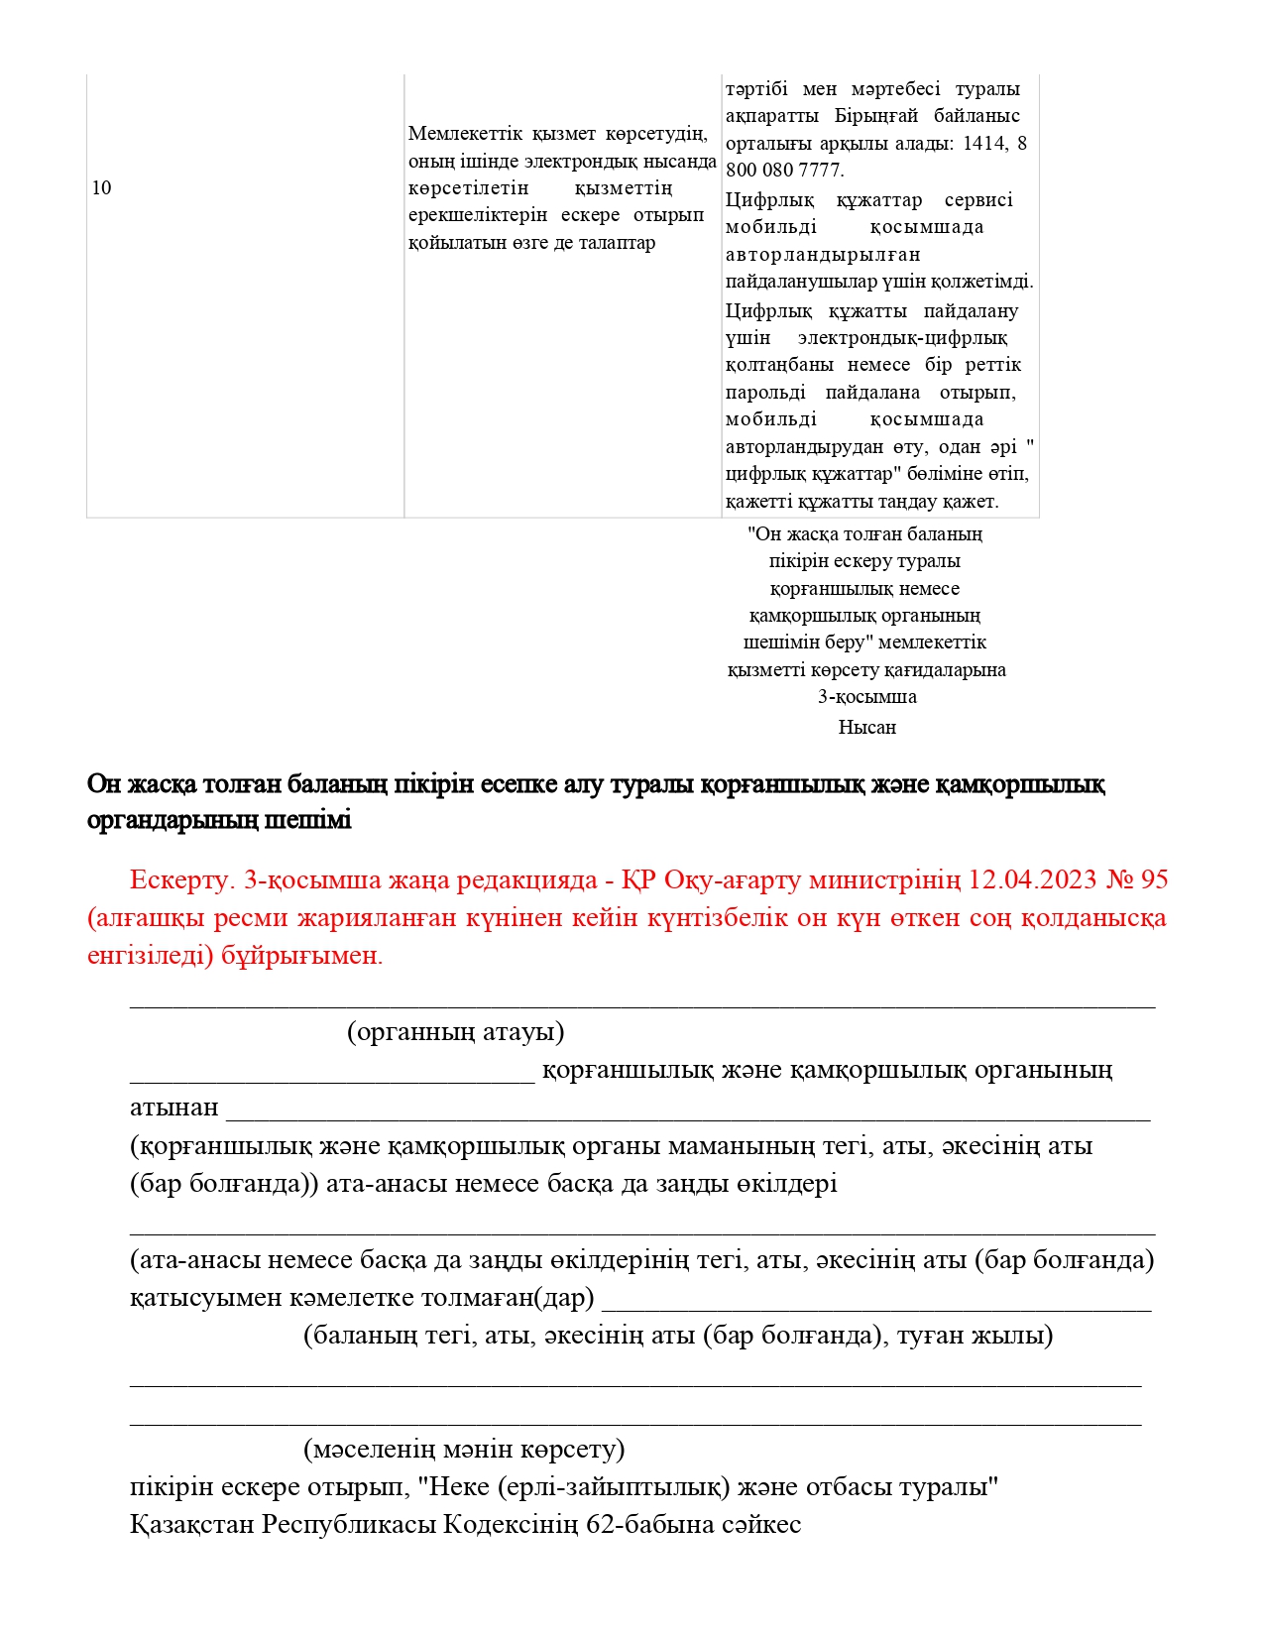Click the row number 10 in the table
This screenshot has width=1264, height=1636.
point(101,188)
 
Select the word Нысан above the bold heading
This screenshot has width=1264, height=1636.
point(866,728)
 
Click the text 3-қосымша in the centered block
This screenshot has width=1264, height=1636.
point(866,697)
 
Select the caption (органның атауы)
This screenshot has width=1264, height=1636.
point(455,1032)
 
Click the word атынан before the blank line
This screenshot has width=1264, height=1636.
point(173,1108)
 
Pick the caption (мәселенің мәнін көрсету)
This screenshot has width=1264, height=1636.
point(464,1450)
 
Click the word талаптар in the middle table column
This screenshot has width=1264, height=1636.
point(615,243)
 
